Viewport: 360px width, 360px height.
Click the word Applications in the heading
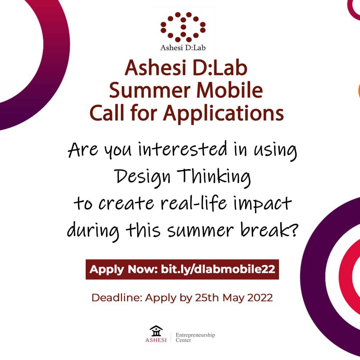click(x=223, y=113)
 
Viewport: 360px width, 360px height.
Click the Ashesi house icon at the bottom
click(x=156, y=331)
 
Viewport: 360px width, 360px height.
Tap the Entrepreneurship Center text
click(x=195, y=337)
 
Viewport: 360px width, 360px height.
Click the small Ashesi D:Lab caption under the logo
click(x=183, y=47)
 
